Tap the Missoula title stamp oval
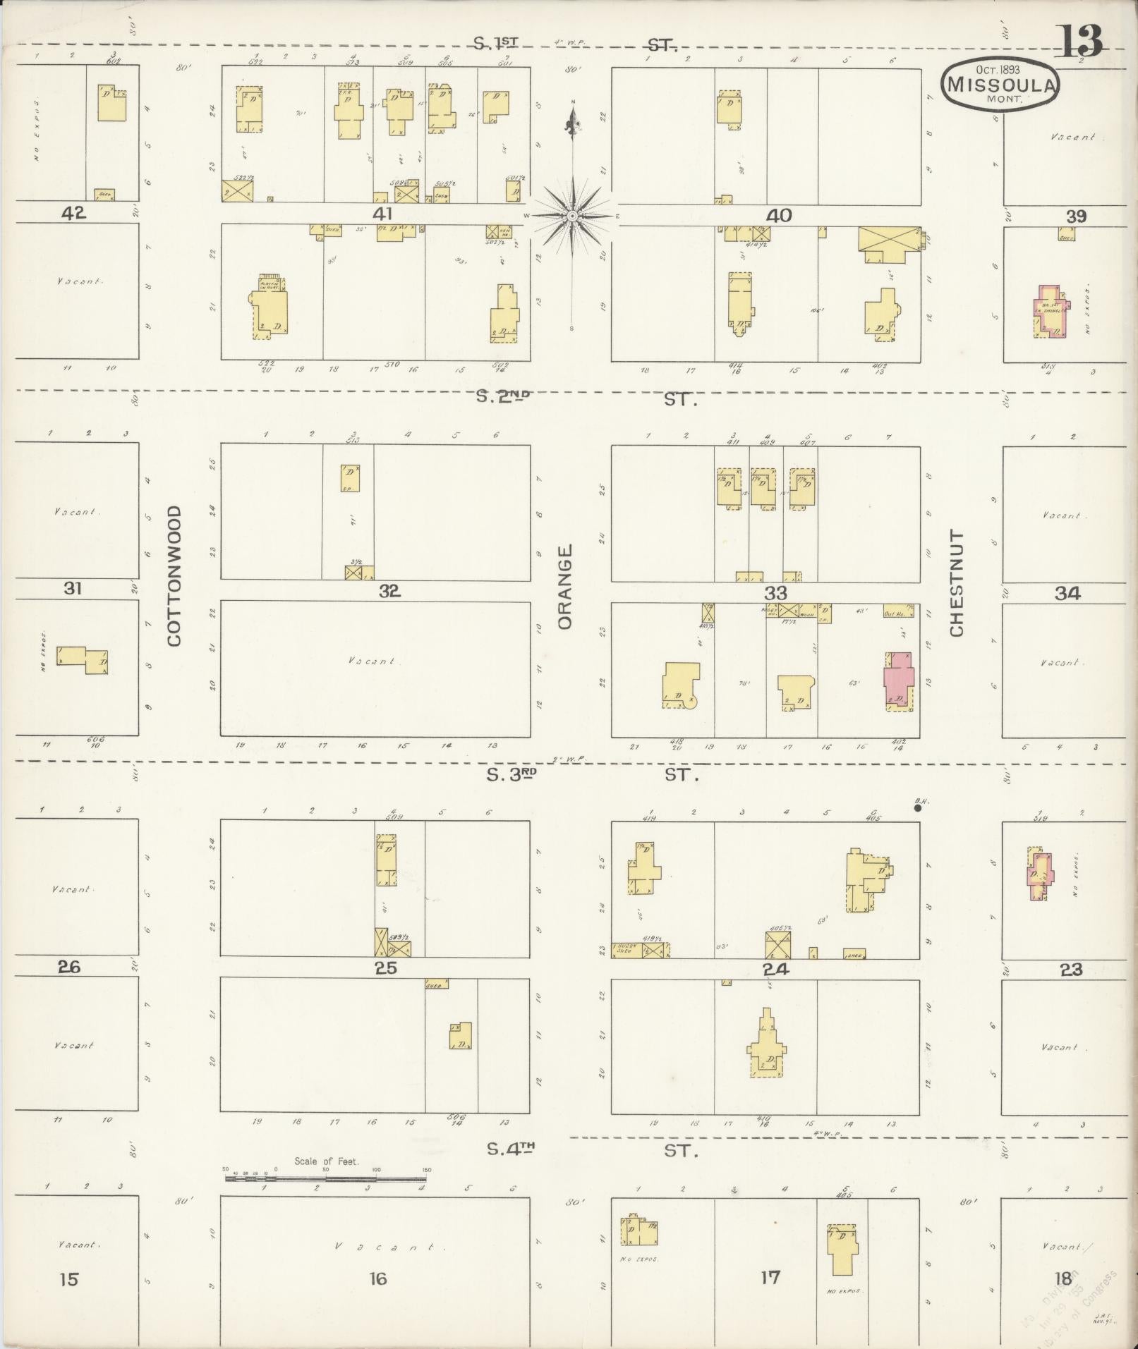[1000, 83]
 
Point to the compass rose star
[572, 215]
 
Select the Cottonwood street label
[174, 575]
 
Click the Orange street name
[564, 586]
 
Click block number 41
[382, 214]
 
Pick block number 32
[389, 591]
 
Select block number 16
[378, 1278]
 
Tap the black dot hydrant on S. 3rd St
[917, 808]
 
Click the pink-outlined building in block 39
[1049, 311]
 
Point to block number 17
[770, 1276]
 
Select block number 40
[778, 215]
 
